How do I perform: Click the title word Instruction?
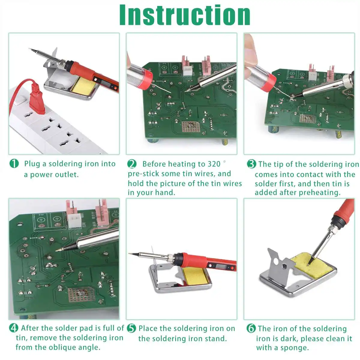click(185, 15)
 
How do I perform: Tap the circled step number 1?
click(14, 163)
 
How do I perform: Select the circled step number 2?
click(132, 164)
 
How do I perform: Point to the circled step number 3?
click(251, 164)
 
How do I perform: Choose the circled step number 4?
click(14, 328)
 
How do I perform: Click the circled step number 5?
click(131, 328)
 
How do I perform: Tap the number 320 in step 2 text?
click(214, 164)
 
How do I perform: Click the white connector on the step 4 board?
click(74, 220)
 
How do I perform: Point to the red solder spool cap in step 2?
click(146, 79)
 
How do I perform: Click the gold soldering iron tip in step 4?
click(59, 249)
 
